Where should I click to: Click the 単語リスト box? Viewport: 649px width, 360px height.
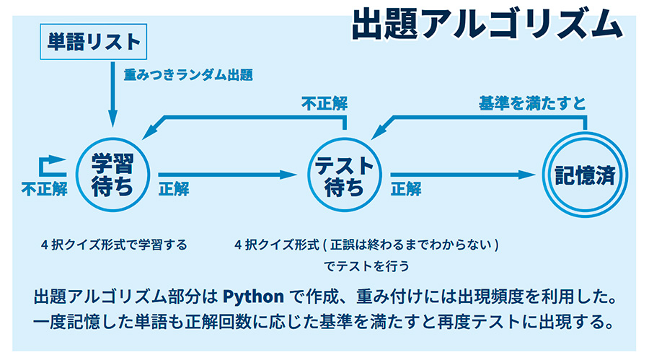[x=94, y=41]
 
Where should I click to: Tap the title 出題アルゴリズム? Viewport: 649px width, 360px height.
[x=487, y=24]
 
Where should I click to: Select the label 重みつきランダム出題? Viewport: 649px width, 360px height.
[x=188, y=75]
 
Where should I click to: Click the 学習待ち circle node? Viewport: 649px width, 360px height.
[x=112, y=175]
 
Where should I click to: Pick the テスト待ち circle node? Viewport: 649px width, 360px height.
[x=345, y=175]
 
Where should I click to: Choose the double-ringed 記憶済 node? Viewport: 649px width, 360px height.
[x=585, y=175]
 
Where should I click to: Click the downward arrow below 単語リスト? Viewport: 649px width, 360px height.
[x=112, y=95]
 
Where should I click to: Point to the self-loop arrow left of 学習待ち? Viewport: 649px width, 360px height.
[x=41, y=166]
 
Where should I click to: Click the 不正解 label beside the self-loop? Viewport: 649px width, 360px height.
[x=44, y=189]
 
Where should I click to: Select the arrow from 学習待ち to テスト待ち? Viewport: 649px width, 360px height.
[x=228, y=175]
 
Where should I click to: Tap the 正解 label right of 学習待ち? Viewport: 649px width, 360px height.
[x=174, y=189]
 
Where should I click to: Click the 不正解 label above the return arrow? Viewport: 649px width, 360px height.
[x=324, y=103]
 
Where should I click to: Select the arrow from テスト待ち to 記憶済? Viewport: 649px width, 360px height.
[x=463, y=175]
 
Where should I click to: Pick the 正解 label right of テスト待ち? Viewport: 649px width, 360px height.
[x=406, y=189]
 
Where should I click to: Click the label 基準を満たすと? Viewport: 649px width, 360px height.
[x=532, y=102]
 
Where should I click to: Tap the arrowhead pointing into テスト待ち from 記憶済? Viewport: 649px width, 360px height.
[x=379, y=131]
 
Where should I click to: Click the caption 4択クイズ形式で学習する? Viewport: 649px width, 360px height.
[x=114, y=245]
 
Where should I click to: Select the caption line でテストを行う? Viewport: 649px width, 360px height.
[x=366, y=265]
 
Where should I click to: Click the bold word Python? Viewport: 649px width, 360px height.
[x=253, y=297]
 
